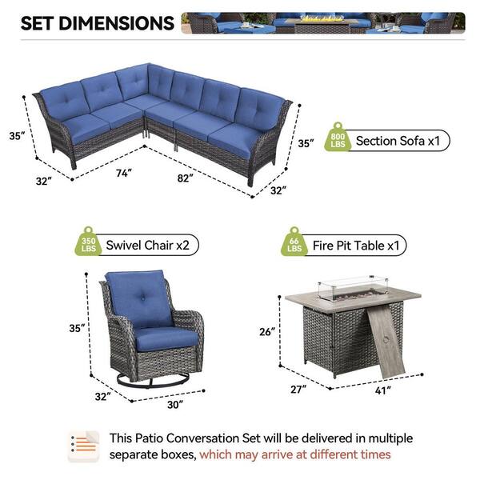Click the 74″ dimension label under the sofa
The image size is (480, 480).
pyautogui.click(x=124, y=173)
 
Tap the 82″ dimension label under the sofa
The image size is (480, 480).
pyautogui.click(x=186, y=178)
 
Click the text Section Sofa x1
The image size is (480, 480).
pyautogui.click(x=398, y=141)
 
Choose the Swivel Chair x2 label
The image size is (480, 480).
pyautogui.click(x=147, y=246)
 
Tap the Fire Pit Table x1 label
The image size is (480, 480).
pyautogui.click(x=356, y=246)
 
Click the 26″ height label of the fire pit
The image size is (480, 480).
pyautogui.click(x=267, y=331)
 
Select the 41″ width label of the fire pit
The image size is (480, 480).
pyautogui.click(x=383, y=390)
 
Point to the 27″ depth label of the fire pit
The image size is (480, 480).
pyautogui.click(x=298, y=390)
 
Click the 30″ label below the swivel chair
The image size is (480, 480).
pyautogui.click(x=175, y=405)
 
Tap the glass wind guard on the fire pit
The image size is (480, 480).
pyautogui.click(x=353, y=288)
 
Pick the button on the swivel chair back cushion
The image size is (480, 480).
pyautogui.click(x=142, y=297)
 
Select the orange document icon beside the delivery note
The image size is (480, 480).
pyautogui.click(x=83, y=446)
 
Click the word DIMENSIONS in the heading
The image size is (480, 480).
pyautogui.click(x=116, y=23)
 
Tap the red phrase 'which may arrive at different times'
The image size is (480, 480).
pyautogui.click(x=294, y=454)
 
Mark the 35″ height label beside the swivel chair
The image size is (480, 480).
pyautogui.click(x=77, y=328)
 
